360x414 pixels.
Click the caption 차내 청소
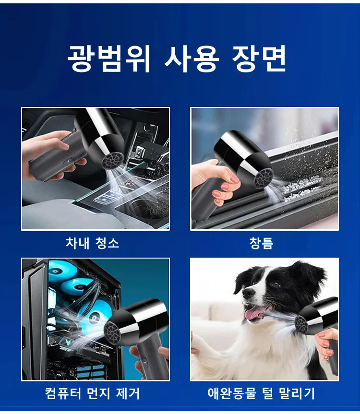tap(92, 243)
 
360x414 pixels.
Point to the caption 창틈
tap(261, 243)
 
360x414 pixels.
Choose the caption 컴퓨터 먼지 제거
tap(92, 394)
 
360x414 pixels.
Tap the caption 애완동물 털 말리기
tap(261, 394)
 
